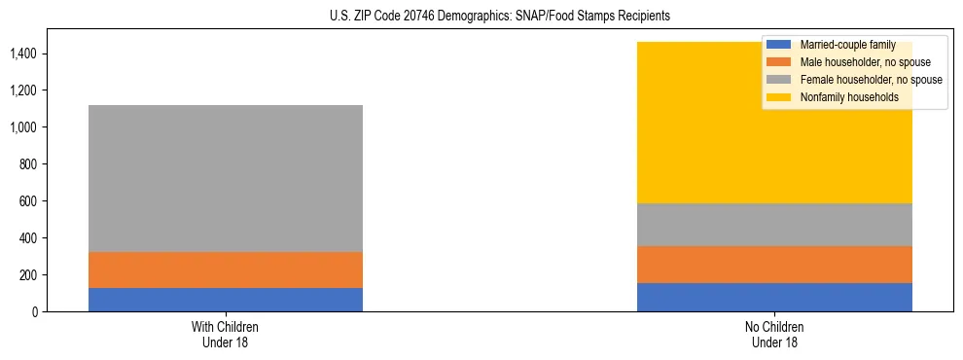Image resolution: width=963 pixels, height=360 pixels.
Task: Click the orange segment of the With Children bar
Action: tap(225, 270)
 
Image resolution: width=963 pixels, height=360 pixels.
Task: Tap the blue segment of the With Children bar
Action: tap(225, 300)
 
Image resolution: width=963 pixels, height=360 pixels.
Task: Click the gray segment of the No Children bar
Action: tap(774, 225)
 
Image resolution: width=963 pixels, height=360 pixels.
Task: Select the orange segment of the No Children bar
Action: tap(774, 265)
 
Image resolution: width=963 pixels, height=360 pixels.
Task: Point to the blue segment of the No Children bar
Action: tap(774, 297)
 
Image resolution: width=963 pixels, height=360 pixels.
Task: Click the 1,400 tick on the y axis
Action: tap(23, 54)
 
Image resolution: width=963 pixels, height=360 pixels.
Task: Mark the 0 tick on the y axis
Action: tap(34, 311)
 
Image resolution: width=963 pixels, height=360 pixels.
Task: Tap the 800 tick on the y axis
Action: tap(28, 164)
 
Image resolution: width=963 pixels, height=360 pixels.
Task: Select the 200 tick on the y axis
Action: tap(28, 275)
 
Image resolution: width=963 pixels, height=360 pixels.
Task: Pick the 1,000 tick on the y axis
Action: tap(23, 127)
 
